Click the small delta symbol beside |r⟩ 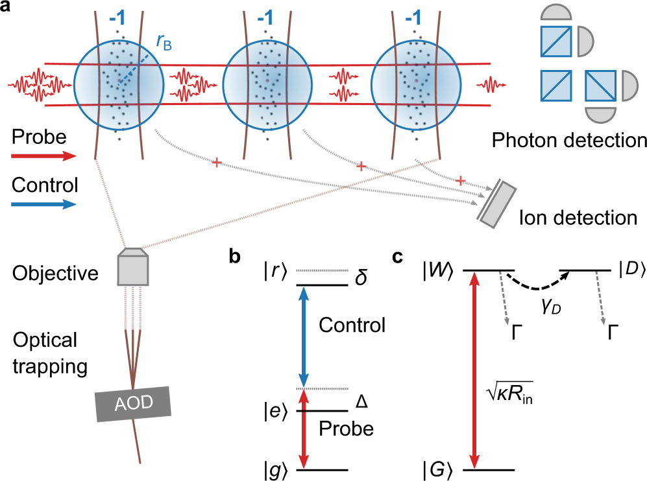coord(361,278)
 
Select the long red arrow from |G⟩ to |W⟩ coord(476,370)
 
